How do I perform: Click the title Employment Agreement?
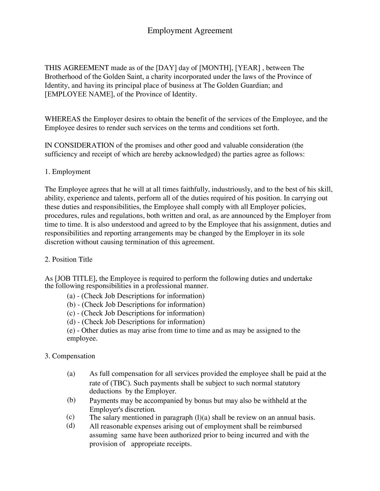point(190,31)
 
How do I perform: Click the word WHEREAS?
point(63,119)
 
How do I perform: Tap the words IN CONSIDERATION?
point(79,145)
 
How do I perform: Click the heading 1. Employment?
point(67,172)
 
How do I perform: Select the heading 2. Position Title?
point(68,260)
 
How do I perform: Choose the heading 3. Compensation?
point(70,356)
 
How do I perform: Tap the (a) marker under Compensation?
point(71,374)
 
